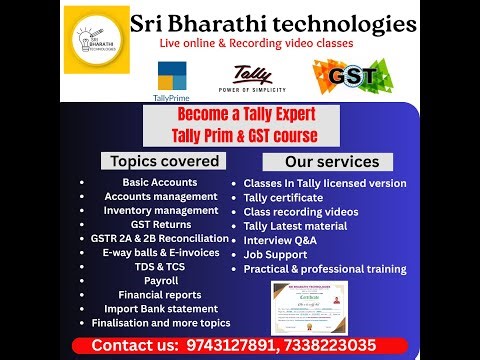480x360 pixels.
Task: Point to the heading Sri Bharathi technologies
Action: (273, 23)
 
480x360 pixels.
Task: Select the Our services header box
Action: (328, 161)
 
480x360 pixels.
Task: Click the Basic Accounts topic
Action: (161, 183)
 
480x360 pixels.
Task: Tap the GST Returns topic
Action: (161, 225)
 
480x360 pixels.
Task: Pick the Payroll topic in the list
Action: (161, 281)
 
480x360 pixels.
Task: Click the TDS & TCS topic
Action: (161, 267)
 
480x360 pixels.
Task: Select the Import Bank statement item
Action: (161, 309)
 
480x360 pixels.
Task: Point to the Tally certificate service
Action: (283, 198)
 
